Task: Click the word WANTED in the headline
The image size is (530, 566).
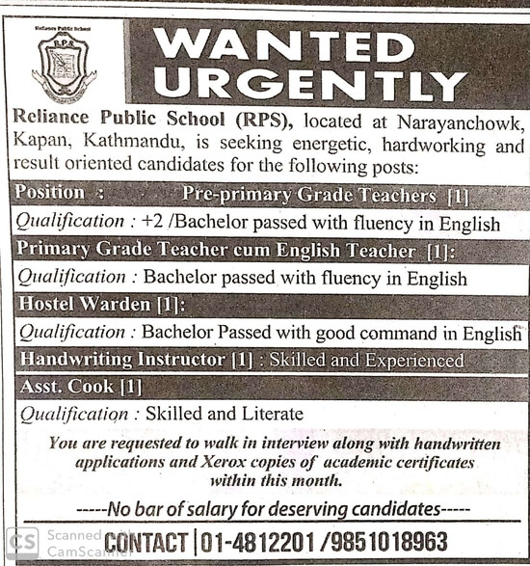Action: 283,46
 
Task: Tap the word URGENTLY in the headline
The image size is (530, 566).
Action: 309,85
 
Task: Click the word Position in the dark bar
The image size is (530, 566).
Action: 50,193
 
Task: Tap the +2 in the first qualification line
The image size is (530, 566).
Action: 151,223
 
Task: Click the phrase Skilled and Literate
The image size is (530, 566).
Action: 224,414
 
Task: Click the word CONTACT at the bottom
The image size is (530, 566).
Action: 146,542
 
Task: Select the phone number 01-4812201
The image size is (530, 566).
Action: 256,541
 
